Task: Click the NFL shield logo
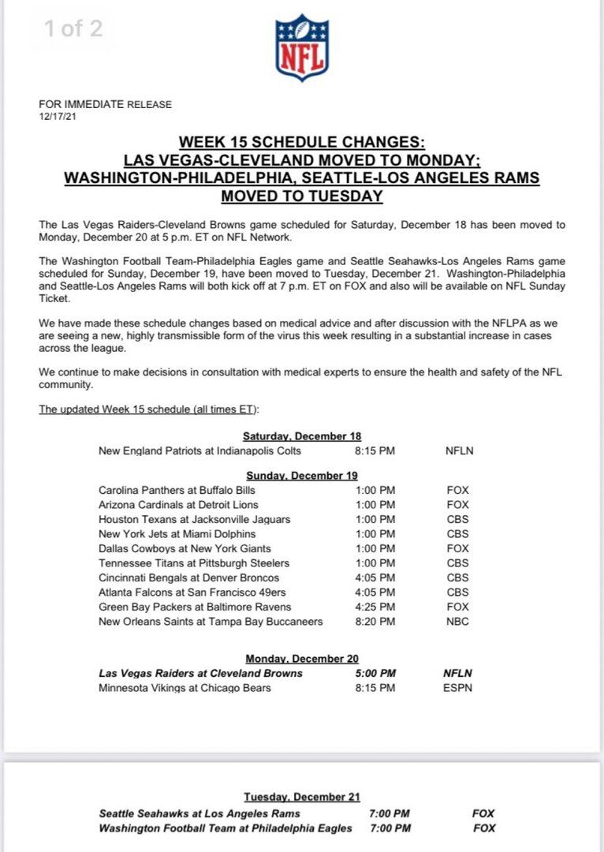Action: (x=302, y=47)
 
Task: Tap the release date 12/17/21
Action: (x=58, y=116)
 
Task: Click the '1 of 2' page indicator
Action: (x=73, y=29)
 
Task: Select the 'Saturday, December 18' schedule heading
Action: (x=302, y=436)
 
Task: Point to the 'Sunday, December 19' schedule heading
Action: (x=302, y=476)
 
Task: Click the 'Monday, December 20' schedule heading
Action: (x=302, y=659)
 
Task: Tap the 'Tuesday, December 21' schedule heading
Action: (x=302, y=798)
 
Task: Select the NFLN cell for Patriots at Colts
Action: (x=460, y=451)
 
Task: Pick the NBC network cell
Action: (x=457, y=622)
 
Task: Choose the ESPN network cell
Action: (x=458, y=688)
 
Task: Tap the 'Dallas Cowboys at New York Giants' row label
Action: (x=185, y=548)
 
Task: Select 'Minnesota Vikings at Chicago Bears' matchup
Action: (x=185, y=688)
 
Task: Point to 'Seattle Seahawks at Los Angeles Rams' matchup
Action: (x=199, y=813)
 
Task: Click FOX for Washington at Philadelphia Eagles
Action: (x=484, y=828)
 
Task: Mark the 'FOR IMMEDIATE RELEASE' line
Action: (x=105, y=104)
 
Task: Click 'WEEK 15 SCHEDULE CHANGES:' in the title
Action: (x=302, y=143)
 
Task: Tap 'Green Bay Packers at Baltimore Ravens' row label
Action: (x=195, y=607)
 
